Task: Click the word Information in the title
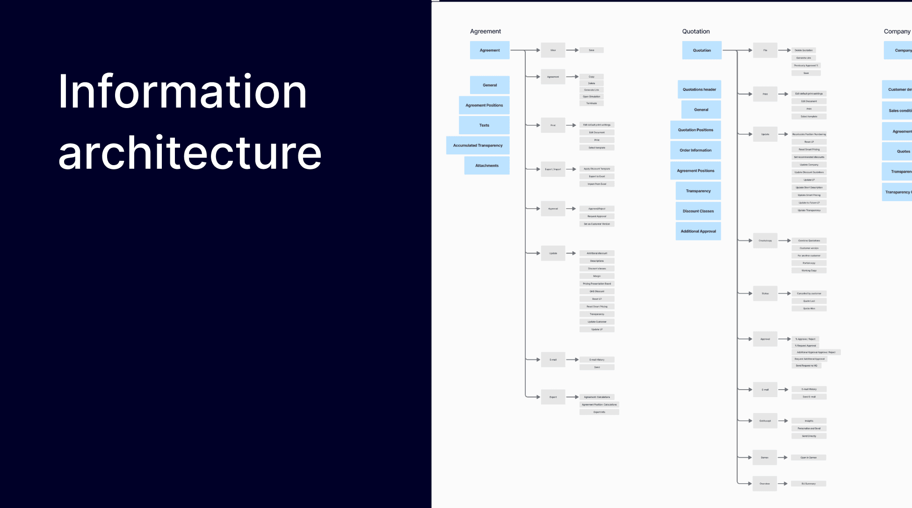pyautogui.click(x=182, y=92)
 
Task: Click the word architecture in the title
pyautogui.click(x=189, y=153)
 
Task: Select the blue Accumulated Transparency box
pyautogui.click(x=478, y=145)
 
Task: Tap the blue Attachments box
pyautogui.click(x=486, y=166)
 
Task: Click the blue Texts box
pyautogui.click(x=484, y=125)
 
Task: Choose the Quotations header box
pyautogui.click(x=699, y=89)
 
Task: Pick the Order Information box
pyautogui.click(x=695, y=150)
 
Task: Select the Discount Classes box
pyautogui.click(x=698, y=211)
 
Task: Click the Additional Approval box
pyautogui.click(x=698, y=231)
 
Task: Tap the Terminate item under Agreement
pyautogui.click(x=591, y=103)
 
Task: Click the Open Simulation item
pyautogui.click(x=591, y=96)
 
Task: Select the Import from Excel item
pyautogui.click(x=596, y=184)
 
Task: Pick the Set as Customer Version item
pyautogui.click(x=596, y=224)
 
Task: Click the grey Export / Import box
pyautogui.click(x=553, y=169)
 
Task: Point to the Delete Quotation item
pyautogui.click(x=803, y=50)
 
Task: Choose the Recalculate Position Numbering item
pyautogui.click(x=809, y=134)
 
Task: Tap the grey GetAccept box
pyautogui.click(x=765, y=421)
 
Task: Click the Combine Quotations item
pyautogui.click(x=809, y=240)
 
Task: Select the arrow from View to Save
pyautogui.click(x=572, y=50)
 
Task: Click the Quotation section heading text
pyautogui.click(x=695, y=31)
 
